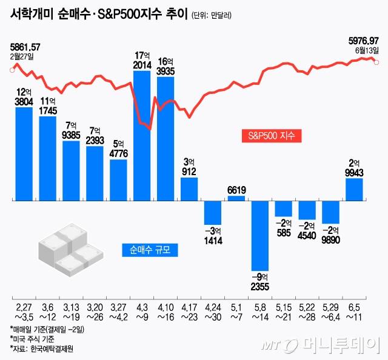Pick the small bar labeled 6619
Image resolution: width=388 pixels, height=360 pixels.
tap(236, 198)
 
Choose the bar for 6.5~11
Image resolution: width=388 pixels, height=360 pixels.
tap(355, 189)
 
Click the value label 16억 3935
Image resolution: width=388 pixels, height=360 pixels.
tap(166, 66)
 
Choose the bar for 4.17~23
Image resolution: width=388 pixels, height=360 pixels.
tap(189, 188)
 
